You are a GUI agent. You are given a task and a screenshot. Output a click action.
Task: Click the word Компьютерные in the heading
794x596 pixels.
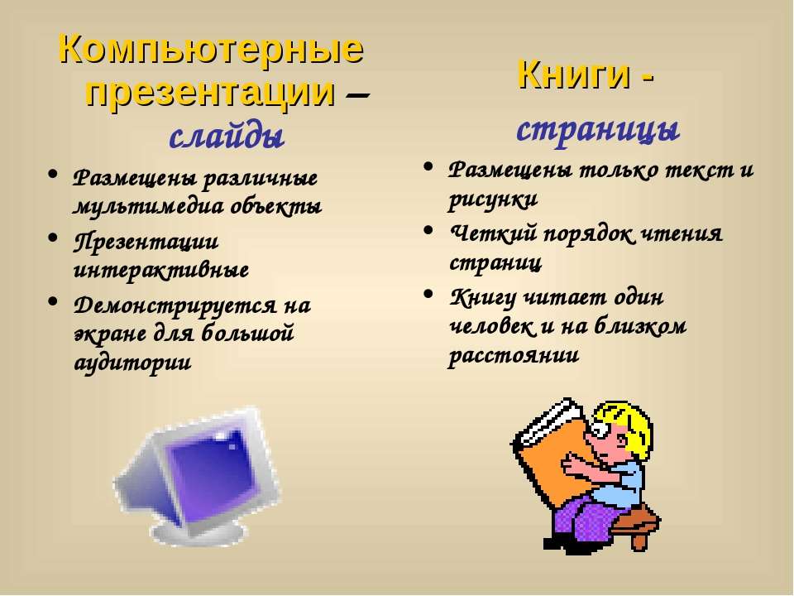coord(211,50)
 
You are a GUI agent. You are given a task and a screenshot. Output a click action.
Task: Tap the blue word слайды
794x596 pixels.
coord(227,136)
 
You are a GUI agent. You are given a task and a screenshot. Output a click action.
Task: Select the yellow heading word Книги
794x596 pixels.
coord(574,74)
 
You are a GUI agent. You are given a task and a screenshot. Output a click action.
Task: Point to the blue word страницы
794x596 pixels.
coord(597,130)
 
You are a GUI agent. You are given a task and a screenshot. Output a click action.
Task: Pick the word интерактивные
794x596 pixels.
coord(161,270)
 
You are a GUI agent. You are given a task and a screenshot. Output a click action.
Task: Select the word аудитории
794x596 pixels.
coord(132,363)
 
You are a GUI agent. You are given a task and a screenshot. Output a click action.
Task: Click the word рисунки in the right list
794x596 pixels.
coord(492,199)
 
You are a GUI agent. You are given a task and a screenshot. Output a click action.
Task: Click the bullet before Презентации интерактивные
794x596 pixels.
coord(52,238)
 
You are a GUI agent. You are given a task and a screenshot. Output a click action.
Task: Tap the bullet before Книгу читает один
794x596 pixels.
coord(428,293)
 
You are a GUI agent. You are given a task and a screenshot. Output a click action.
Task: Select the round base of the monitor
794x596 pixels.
coord(198,531)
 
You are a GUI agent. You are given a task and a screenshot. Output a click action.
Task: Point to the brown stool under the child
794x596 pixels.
coord(637,525)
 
